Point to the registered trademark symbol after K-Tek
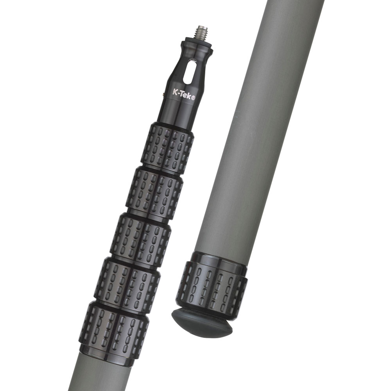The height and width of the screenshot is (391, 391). pyautogui.click(x=193, y=97)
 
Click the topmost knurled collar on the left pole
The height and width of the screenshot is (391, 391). pyautogui.click(x=167, y=149)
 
